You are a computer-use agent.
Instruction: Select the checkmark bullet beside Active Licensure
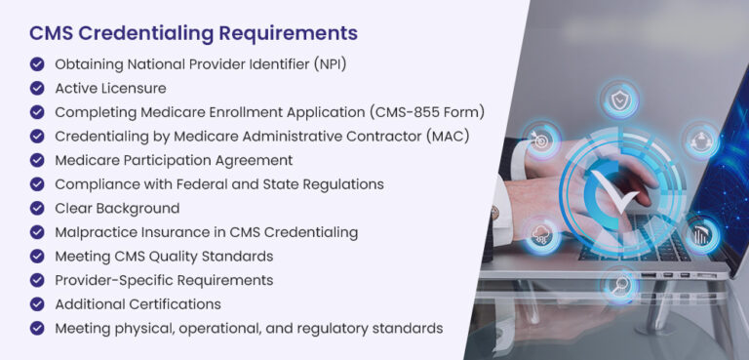pos(37,88)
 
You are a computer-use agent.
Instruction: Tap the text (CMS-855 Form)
pos(434,112)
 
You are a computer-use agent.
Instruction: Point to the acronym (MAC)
pos(448,136)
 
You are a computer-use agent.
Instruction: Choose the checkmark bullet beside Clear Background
pos(37,208)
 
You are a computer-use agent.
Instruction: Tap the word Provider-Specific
pos(115,280)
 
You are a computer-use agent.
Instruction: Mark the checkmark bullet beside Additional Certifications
pos(37,303)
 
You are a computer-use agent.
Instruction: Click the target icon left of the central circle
pos(540,139)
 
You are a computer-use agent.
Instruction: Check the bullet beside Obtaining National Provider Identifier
pos(37,64)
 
